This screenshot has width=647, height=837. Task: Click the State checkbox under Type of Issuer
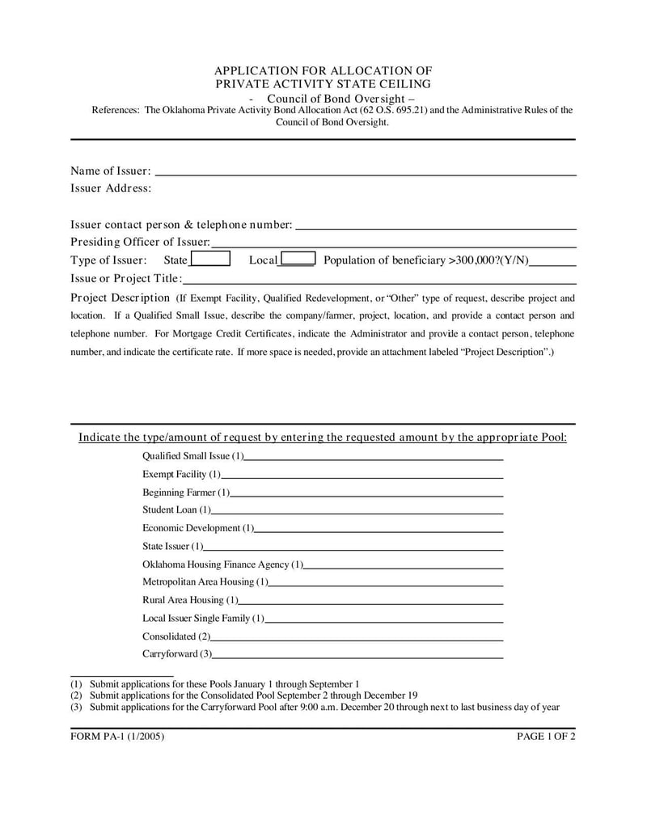[210, 260]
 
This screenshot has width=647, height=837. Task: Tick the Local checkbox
[298, 260]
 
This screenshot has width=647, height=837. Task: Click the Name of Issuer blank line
[365, 171]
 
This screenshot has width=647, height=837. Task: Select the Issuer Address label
[111, 188]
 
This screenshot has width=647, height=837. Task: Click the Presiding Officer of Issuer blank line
[393, 243]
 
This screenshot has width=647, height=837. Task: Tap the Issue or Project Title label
[125, 278]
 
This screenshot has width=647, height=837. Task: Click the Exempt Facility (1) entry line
[362, 476]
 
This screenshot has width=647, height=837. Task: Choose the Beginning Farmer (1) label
[186, 492]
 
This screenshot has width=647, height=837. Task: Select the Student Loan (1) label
[176, 510]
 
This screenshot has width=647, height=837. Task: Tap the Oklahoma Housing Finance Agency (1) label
[223, 564]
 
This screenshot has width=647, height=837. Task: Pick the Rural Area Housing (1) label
[190, 600]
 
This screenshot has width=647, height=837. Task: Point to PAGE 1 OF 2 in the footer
[546, 737]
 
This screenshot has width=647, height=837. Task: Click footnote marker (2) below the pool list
[76, 695]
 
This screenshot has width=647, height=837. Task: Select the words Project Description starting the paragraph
[120, 297]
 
